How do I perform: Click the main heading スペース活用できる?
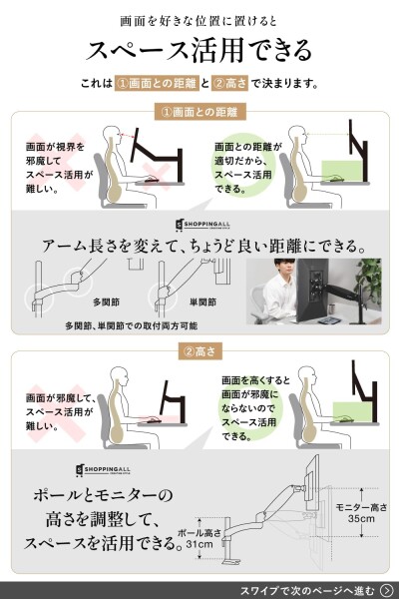pos(199,50)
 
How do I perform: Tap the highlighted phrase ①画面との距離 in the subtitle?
pos(157,83)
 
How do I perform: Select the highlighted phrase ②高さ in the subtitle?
pos(229,83)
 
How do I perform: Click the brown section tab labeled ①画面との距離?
pos(199,112)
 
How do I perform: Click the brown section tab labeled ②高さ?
pos(199,351)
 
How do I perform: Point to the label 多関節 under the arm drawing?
pos(106,302)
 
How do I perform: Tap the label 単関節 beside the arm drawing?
pos(202,302)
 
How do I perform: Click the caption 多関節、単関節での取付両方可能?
pos(132,325)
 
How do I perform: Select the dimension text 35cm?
pos(361,519)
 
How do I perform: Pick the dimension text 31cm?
pos(199,544)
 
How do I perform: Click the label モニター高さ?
pos(361,507)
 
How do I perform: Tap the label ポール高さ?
pos(199,533)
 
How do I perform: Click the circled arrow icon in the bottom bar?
pos(387,590)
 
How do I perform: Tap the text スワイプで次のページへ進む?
pos(307,591)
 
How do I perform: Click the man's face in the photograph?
pos(285,271)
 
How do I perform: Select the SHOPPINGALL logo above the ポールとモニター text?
pos(103,470)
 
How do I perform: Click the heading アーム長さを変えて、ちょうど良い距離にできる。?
pos(203,246)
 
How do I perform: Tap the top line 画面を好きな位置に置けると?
pos(199,21)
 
